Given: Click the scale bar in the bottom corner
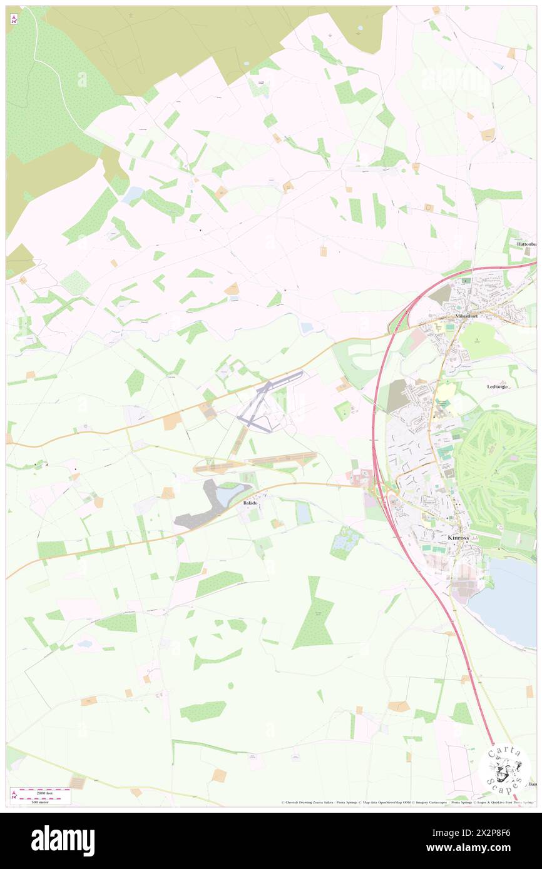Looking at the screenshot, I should coord(41,795).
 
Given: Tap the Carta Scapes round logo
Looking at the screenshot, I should coord(504,768).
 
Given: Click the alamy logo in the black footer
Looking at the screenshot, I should coord(63,841).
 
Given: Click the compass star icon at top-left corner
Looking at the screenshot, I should coord(14,19).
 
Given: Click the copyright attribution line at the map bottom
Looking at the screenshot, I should coord(407,803).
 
